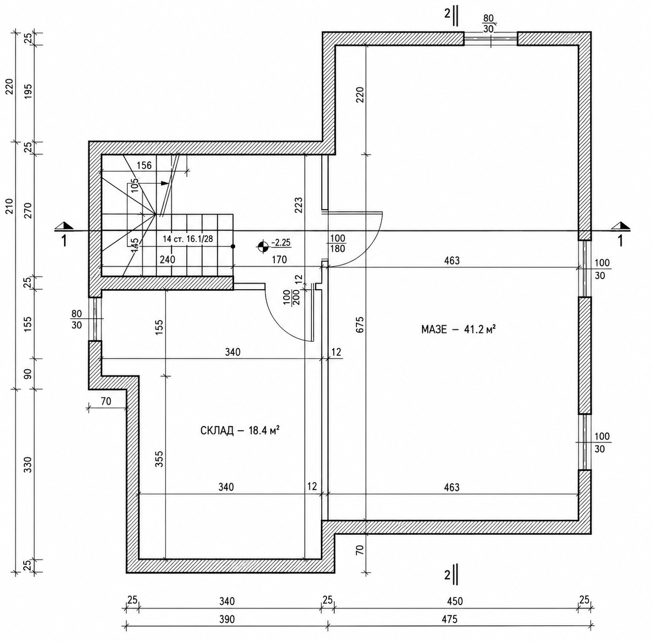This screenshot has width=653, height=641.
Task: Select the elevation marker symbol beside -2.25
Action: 263,246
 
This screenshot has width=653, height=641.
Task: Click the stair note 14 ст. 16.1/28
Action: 188,239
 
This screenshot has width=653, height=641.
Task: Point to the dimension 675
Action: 360,324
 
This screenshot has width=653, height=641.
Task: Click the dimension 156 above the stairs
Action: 144,166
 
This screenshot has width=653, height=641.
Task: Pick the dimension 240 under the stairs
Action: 168,259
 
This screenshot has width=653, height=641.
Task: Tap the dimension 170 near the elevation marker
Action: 279,259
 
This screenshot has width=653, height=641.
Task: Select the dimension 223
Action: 299,205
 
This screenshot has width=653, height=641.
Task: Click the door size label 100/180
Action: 337,243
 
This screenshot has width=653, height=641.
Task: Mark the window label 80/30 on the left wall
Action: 76,320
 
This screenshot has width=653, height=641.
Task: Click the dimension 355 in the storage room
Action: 159,459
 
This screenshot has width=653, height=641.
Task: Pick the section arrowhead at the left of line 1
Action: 64,226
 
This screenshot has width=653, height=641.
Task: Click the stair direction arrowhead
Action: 165,183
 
